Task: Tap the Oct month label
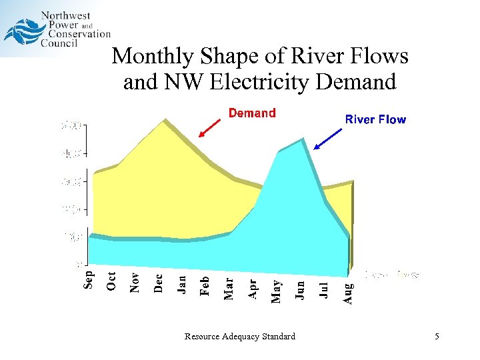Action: tap(111, 280)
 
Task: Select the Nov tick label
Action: tap(135, 281)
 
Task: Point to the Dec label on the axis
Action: tap(158, 283)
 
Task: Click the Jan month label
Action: tap(181, 283)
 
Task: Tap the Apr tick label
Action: tap(252, 288)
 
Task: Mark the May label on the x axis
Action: tap(276, 291)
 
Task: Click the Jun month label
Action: tap(300, 289)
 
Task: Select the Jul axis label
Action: tap(324, 289)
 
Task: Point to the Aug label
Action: tap(347, 292)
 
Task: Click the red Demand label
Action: tap(252, 113)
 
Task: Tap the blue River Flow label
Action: tap(375, 119)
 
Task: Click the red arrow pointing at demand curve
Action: tap(210, 128)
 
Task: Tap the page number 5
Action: tap(437, 337)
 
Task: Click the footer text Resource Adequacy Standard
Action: tap(240, 337)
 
